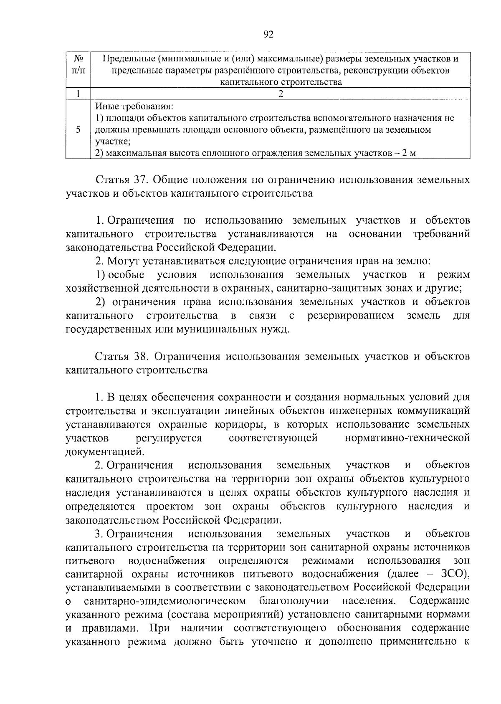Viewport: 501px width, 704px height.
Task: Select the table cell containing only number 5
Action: pyautogui.click(x=78, y=129)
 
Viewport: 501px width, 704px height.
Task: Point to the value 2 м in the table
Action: pyautogui.click(x=409, y=153)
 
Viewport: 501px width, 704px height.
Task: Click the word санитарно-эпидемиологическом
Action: pyautogui.click(x=164, y=601)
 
